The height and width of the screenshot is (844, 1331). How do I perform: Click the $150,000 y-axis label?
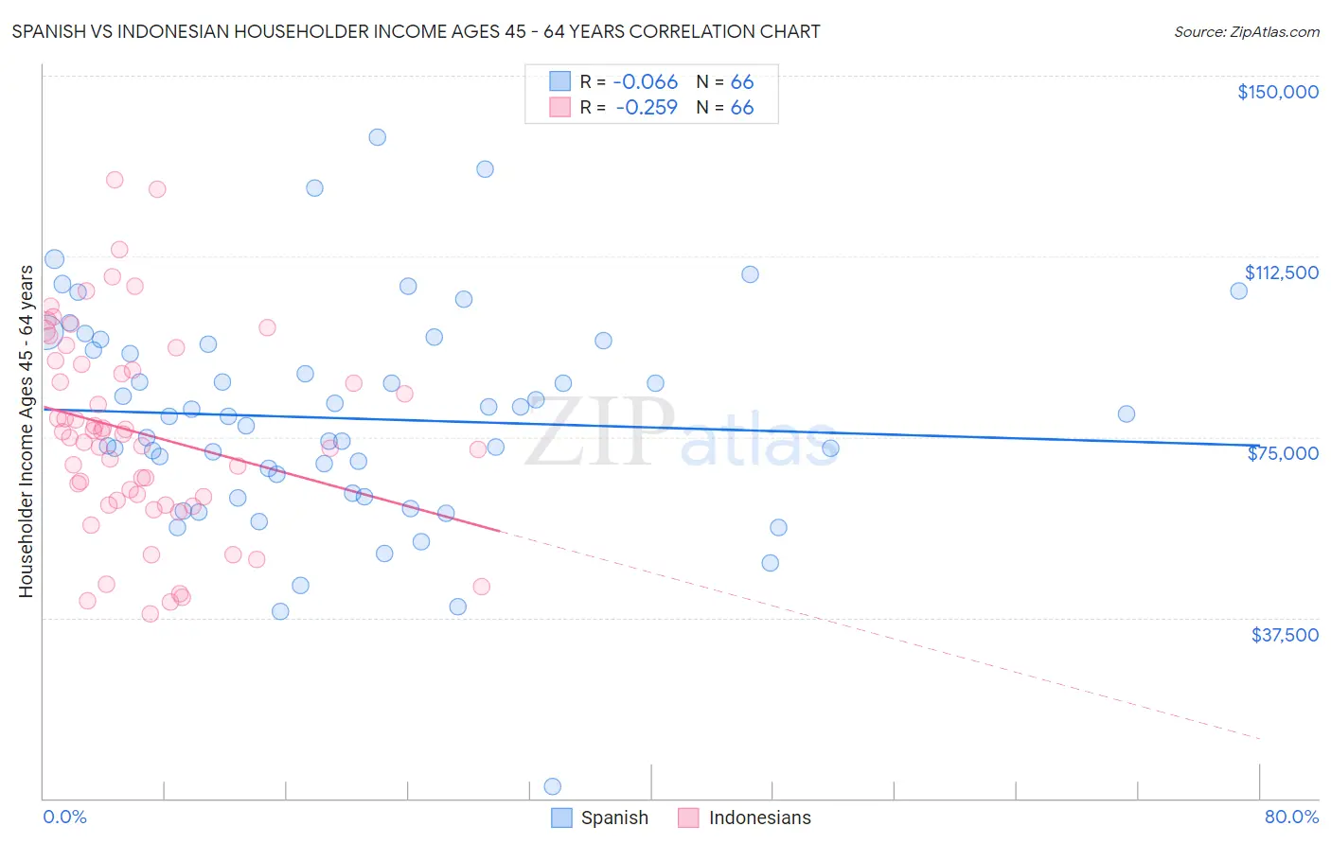[1277, 92]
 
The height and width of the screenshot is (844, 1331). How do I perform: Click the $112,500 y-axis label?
[1281, 273]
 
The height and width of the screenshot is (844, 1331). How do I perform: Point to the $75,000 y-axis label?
[1283, 453]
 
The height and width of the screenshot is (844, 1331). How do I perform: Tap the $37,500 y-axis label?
[1285, 635]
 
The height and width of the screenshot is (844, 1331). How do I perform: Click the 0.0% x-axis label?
[64, 817]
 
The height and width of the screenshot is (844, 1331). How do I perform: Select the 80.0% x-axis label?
[1291, 817]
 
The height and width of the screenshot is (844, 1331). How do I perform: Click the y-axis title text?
[26, 431]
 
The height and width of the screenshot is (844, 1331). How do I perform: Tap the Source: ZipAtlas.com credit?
[1246, 31]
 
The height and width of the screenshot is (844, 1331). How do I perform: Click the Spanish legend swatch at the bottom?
[561, 818]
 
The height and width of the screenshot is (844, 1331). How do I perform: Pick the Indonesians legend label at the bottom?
[759, 818]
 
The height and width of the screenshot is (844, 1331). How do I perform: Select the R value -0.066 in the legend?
[647, 82]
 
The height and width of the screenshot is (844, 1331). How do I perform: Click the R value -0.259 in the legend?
[647, 108]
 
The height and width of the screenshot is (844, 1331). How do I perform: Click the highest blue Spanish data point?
[377, 137]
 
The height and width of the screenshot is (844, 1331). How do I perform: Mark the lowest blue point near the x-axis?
[553, 786]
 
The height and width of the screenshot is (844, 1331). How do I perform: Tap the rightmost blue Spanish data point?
[1238, 290]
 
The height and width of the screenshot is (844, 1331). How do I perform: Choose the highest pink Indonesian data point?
[115, 180]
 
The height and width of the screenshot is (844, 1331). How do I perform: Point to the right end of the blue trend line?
[1259, 445]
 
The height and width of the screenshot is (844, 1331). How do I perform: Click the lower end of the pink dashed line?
[1259, 738]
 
